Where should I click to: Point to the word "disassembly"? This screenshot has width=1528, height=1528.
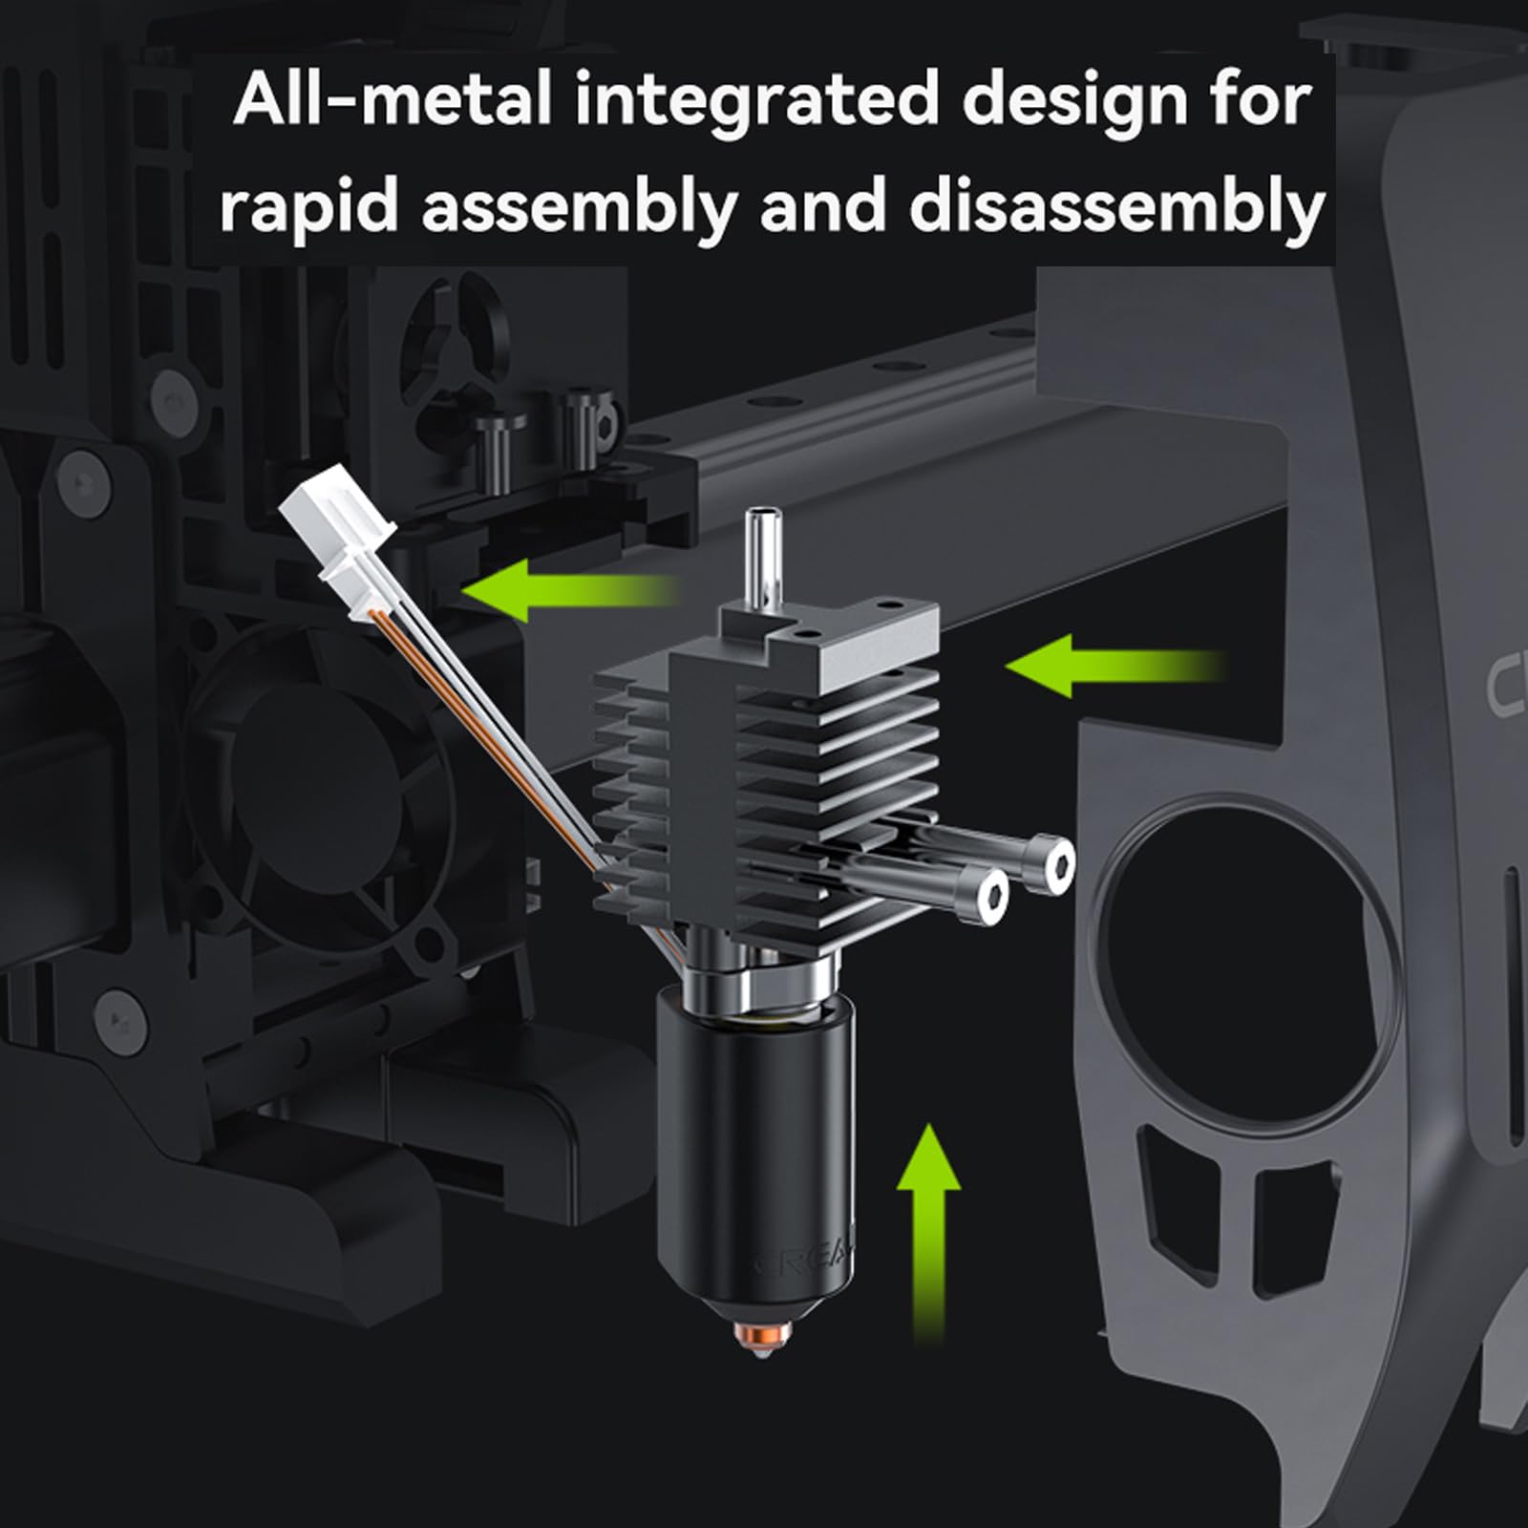coord(1116,207)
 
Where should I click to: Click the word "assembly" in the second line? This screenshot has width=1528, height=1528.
coord(575,207)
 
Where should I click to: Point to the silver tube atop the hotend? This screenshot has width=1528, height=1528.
coord(761,554)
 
